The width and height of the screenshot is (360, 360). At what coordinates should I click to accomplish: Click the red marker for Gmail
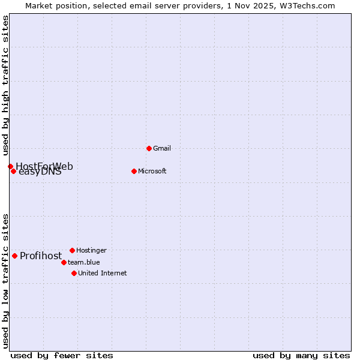coord(149,148)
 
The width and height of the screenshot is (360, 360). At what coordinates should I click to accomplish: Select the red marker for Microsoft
coord(134,171)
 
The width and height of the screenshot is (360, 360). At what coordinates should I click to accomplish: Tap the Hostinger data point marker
coord(72,250)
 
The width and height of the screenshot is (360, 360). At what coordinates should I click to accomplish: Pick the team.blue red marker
coord(64,262)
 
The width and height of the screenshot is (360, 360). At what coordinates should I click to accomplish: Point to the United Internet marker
coord(74,273)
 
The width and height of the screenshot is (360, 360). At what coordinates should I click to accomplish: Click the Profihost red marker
coord(14,256)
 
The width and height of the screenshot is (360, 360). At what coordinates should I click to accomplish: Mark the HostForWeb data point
coord(10,166)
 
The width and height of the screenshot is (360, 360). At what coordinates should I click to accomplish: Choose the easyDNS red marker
coord(13,171)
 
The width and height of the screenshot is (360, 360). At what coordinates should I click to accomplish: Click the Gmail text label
coord(161,148)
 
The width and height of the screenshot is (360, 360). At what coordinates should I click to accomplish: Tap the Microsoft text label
coord(152,171)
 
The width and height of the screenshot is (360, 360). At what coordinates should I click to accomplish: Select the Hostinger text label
coord(91,250)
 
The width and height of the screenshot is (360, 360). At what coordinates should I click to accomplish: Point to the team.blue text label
coord(83,262)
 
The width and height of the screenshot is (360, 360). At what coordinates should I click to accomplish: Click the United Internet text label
coord(102,273)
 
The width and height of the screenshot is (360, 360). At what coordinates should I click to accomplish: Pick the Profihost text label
coord(41,256)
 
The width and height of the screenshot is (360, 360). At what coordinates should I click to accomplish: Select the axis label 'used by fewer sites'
coord(62,355)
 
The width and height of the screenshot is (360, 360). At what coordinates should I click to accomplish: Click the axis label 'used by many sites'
coord(301,355)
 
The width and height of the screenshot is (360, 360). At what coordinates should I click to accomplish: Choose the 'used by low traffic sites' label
coord(5,280)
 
